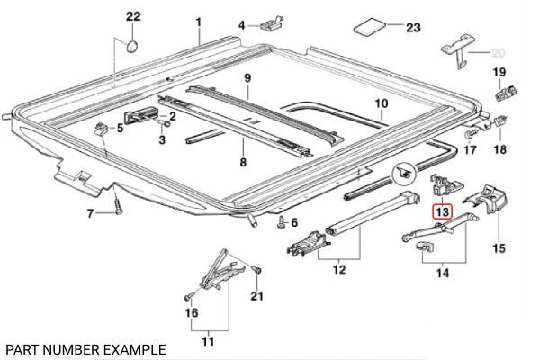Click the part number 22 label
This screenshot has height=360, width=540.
click(133, 17)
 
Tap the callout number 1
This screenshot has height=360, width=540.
click(199, 22)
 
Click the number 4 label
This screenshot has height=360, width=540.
click(241, 24)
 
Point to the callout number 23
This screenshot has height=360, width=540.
click(413, 28)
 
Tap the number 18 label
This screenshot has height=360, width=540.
click(499, 149)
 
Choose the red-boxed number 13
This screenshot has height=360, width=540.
click(440, 212)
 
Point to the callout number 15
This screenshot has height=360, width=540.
click(499, 245)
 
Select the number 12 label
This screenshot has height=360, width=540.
click(337, 268)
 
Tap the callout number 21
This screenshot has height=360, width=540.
click(257, 297)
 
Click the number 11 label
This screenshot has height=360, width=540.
click(209, 341)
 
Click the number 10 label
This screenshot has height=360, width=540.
click(381, 103)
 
